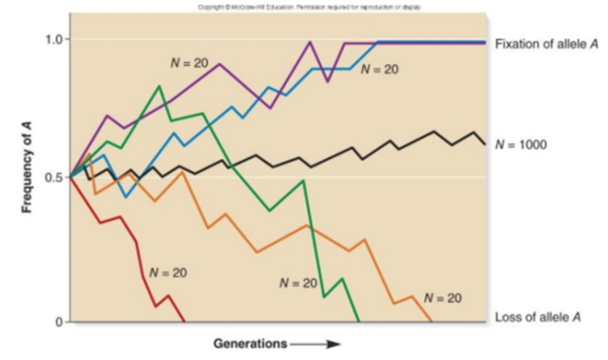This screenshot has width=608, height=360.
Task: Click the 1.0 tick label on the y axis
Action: pos(54,40)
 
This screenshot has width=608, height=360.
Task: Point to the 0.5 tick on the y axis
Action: pos(54,177)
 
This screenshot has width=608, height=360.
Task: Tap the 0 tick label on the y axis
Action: pos(59,322)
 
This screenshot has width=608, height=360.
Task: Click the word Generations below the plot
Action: pos(250,344)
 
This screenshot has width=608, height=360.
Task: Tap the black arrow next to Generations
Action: pos(315,344)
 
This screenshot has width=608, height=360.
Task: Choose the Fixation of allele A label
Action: pos(546,44)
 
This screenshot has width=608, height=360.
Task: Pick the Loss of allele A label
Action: pos(537,317)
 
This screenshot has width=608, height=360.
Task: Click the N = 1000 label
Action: pos(521,145)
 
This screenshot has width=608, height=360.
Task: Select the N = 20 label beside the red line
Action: pos(168,273)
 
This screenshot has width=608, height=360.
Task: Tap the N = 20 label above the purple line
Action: pos(189,63)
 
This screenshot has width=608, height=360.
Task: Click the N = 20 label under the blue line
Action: pos(380,69)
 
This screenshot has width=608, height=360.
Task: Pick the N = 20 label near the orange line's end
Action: pos(442,298)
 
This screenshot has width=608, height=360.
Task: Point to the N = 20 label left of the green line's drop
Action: pos(298,283)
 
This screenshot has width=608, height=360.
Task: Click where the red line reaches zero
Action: pos(184,322)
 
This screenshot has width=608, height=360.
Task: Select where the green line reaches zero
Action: pos(359,322)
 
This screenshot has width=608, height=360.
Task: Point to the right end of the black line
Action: pos(485,145)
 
